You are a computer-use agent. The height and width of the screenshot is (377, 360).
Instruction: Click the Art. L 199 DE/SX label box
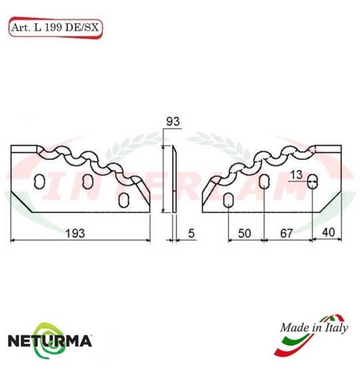[x=55, y=27]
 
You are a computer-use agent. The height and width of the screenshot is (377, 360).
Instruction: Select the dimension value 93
[x=172, y=122]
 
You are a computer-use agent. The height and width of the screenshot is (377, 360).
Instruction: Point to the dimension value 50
[x=244, y=232]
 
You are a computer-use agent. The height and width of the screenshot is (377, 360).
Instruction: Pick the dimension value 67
[x=286, y=232]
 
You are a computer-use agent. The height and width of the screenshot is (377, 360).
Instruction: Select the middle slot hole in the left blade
[x=88, y=180]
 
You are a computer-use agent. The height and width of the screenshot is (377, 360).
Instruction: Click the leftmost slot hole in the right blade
[x=227, y=200]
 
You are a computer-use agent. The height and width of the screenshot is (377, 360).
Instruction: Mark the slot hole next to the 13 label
[x=313, y=182]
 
